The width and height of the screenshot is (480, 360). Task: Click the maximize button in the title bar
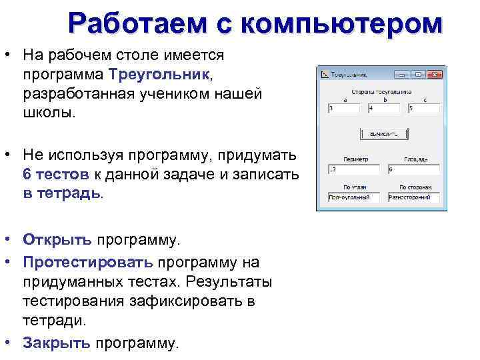(419, 75)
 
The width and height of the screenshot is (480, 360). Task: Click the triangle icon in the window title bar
(325, 75)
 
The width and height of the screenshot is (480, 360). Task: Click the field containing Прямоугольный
(354, 198)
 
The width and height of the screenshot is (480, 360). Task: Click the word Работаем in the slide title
(136, 24)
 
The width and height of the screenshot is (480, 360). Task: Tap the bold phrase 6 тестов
(55, 175)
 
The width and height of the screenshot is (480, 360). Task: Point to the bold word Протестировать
(87, 262)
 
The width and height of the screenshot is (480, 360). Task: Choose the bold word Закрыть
(57, 343)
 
